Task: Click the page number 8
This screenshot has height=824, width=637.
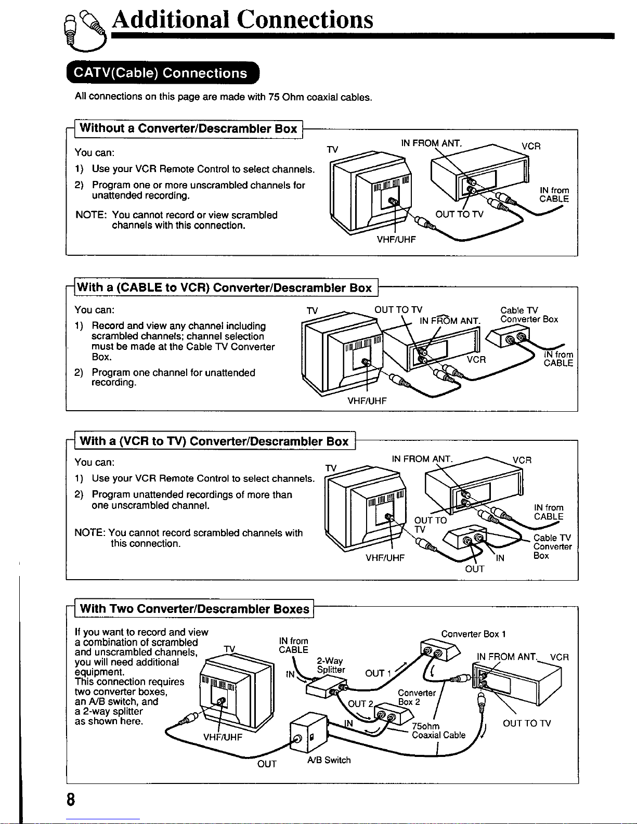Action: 71,800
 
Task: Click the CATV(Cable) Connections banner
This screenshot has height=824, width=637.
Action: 163,72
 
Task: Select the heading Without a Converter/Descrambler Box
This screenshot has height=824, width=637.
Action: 188,128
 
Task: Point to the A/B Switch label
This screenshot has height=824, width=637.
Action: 329,760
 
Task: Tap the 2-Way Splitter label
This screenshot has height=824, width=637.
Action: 331,665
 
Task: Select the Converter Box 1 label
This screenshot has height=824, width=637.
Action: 473,634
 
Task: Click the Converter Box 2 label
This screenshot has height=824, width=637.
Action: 417,697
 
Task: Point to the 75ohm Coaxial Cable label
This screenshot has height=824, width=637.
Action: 438,730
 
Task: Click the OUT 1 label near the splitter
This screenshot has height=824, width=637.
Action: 378,673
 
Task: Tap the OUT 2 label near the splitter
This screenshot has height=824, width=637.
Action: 360,704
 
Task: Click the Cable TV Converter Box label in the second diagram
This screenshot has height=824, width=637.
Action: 529,315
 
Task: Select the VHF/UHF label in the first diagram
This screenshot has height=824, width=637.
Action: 396,239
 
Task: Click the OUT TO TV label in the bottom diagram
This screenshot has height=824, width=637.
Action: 527,723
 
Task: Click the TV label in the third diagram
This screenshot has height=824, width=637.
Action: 331,468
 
